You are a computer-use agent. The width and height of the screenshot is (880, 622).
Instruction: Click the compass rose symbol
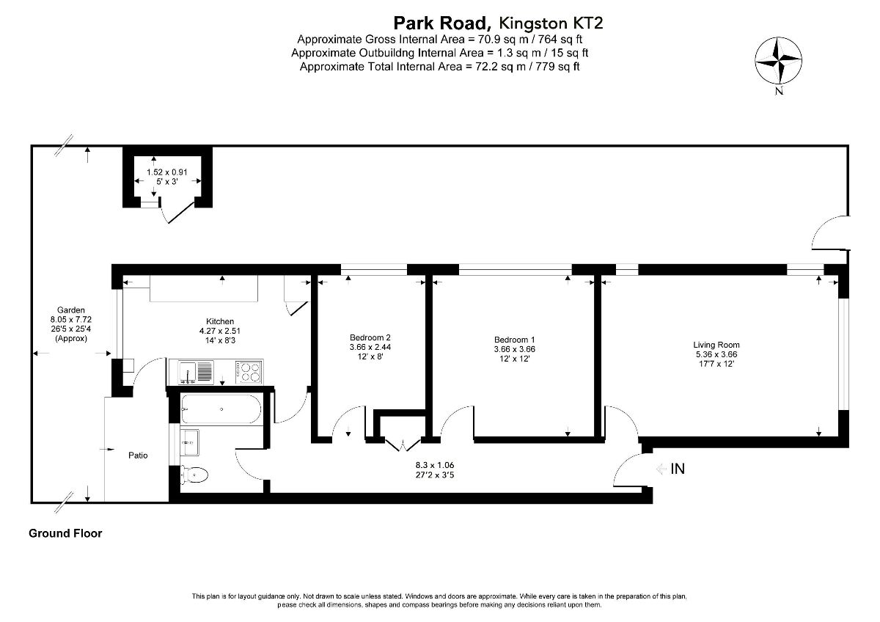(x=778, y=60)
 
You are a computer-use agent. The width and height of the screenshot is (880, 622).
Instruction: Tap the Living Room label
(x=716, y=345)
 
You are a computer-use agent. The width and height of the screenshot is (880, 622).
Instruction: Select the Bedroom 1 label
(x=514, y=340)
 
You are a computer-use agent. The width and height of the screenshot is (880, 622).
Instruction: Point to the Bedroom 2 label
(x=370, y=337)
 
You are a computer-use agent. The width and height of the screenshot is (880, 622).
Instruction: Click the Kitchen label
(x=220, y=321)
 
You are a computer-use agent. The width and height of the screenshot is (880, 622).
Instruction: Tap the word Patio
(x=138, y=455)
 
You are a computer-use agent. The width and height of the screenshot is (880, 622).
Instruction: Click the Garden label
(x=70, y=310)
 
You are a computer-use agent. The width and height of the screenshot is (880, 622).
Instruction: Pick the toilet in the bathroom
(x=194, y=476)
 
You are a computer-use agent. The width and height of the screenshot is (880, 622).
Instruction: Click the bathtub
(x=221, y=409)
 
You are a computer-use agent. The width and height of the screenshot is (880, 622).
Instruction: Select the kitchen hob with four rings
(x=249, y=372)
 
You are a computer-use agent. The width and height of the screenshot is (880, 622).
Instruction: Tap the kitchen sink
(x=196, y=372)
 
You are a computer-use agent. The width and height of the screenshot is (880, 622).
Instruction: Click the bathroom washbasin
(x=189, y=442)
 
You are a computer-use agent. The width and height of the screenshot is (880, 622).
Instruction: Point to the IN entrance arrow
(x=661, y=469)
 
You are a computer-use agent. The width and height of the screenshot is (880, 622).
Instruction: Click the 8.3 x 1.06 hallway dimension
(x=434, y=465)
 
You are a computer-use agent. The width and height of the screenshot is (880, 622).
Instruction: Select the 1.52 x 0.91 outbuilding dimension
(x=167, y=172)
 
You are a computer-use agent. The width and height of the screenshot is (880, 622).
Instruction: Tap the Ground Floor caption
(x=65, y=533)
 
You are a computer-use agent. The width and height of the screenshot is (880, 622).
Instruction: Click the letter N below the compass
(x=779, y=91)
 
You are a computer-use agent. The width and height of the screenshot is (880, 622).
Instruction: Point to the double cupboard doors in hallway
(x=403, y=444)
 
